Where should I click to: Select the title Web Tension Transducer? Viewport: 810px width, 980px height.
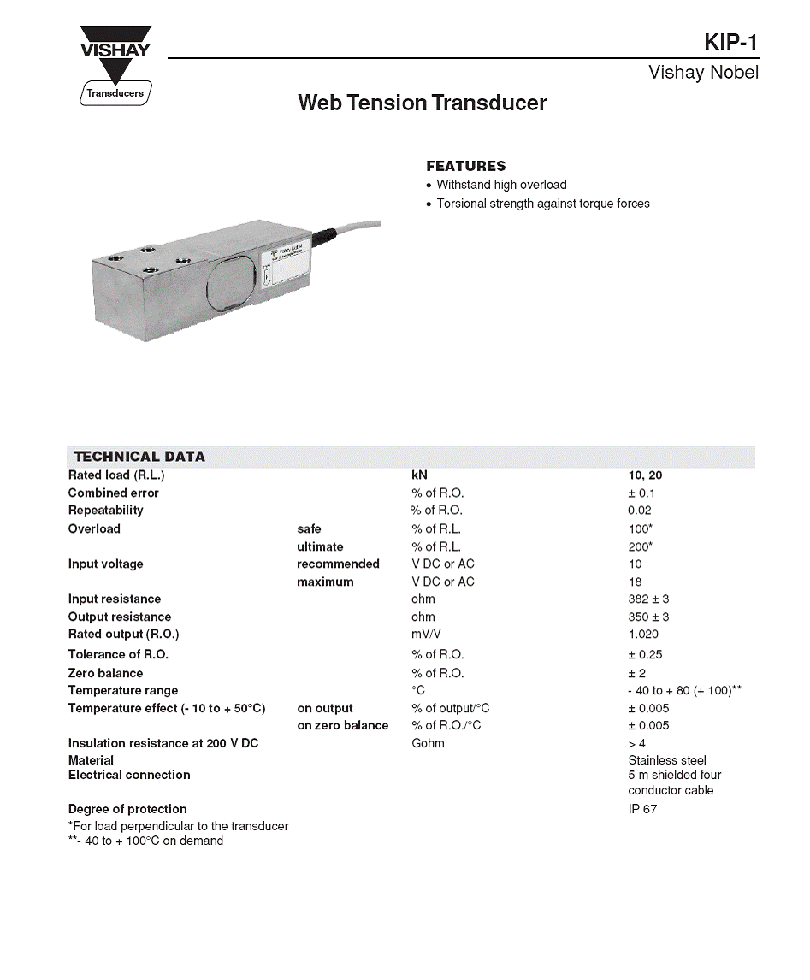pos(422,103)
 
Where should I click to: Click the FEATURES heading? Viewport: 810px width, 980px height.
pos(465,166)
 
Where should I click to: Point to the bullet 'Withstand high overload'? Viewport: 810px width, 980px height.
pos(501,185)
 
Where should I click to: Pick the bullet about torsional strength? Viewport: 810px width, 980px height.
pos(543,204)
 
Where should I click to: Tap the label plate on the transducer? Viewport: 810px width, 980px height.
pos(283,265)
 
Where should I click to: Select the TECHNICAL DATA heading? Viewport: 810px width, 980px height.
pos(139,457)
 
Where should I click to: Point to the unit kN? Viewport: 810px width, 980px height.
pos(419,475)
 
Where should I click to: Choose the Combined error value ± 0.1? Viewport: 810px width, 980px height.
pos(641,493)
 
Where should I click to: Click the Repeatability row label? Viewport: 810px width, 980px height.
pos(106,511)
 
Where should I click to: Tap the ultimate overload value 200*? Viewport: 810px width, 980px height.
pos(641,546)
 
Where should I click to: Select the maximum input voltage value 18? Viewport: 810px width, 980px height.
pos(635,582)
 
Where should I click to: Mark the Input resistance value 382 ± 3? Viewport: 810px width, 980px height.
pos(648,599)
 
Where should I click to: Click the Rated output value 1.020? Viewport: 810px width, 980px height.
pos(643,635)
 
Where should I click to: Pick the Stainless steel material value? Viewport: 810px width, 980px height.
pos(667,760)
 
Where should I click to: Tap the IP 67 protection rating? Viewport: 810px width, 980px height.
pos(642,809)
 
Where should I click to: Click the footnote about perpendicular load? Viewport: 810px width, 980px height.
pos(178,826)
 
